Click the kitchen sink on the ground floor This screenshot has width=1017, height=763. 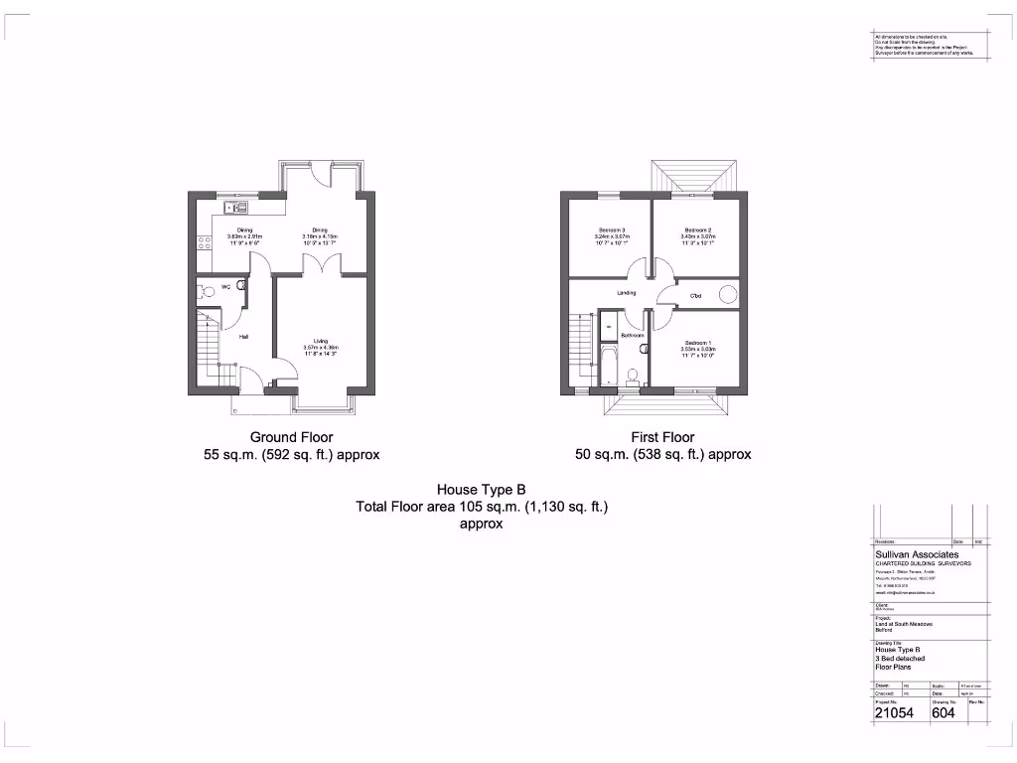tap(235, 207)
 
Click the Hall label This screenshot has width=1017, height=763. tap(242, 336)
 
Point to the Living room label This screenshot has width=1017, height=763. tap(320, 341)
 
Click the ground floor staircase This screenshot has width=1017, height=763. tap(211, 348)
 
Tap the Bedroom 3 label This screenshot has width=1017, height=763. tap(612, 230)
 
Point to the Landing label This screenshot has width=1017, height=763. tap(626, 293)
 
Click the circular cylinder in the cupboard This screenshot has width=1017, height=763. tap(728, 293)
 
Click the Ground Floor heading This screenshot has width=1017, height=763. tap(291, 437)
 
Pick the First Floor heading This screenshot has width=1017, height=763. tap(662, 437)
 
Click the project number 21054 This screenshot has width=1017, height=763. tap(894, 711)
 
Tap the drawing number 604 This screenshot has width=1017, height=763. tap(944, 711)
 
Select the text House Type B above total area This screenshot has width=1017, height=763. tap(481, 489)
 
